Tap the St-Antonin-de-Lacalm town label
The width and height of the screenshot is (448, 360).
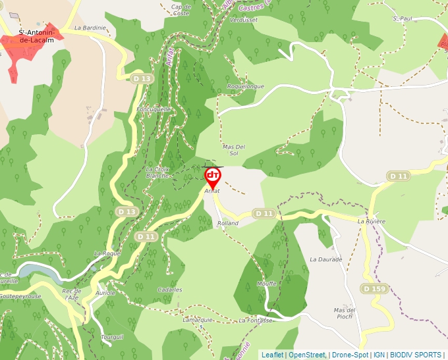(32, 36)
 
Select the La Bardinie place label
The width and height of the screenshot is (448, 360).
(90, 28)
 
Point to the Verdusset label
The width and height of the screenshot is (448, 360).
(243, 20)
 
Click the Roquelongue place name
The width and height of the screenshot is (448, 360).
(245, 86)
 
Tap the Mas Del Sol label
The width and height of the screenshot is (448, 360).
(234, 149)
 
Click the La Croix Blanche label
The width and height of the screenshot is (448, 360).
(157, 172)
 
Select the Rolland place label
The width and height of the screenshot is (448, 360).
(228, 224)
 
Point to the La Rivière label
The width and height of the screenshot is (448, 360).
(371, 222)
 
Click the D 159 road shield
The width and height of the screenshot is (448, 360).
(374, 288)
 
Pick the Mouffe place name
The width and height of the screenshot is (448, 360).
(267, 284)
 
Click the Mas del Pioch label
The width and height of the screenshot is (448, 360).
(345, 313)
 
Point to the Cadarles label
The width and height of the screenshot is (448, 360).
(170, 290)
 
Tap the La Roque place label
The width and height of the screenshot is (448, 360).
(107, 253)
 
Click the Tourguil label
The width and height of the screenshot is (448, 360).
(112, 336)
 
